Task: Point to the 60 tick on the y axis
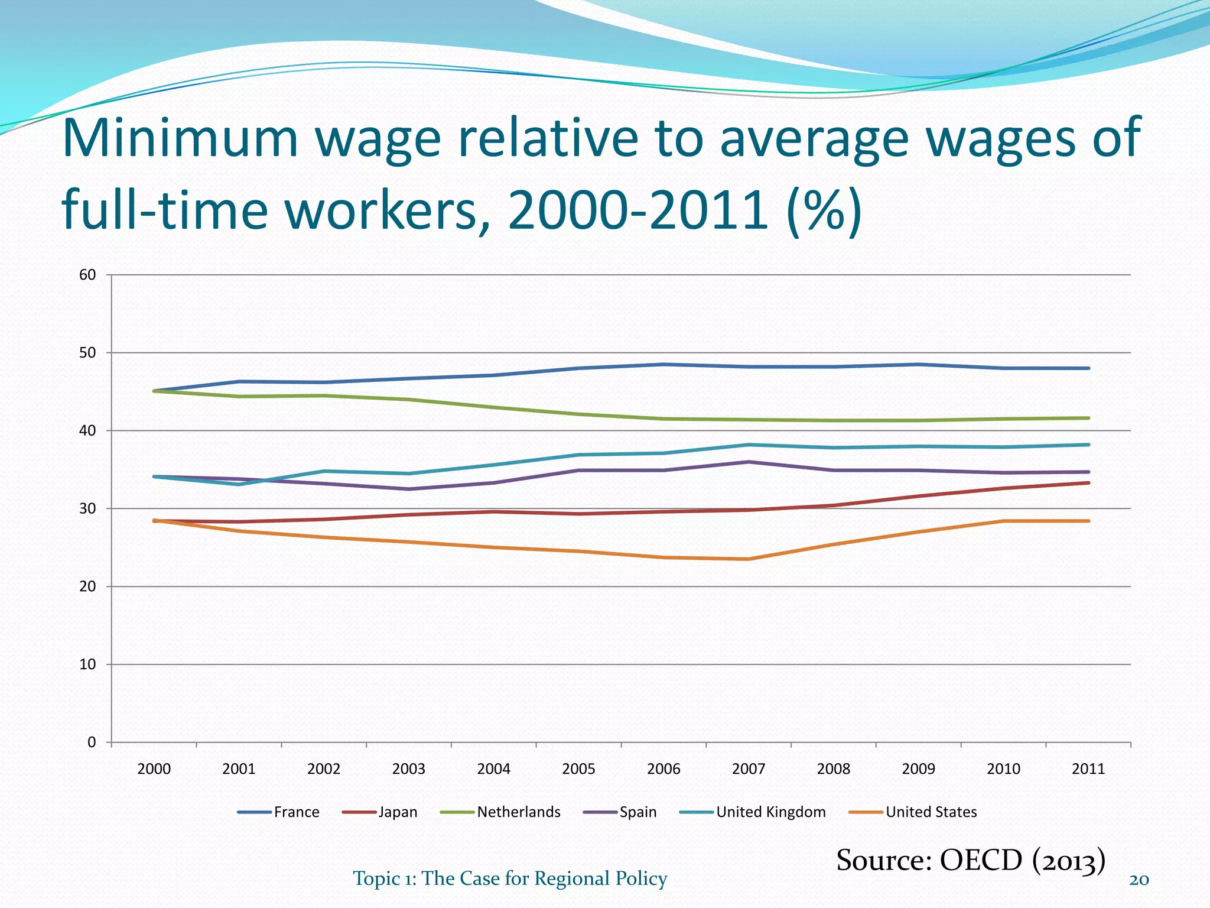click(87, 275)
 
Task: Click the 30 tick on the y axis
click(87, 508)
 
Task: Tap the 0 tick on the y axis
click(92, 742)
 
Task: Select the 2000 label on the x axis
click(154, 769)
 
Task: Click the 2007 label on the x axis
click(749, 769)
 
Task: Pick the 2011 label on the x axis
click(1088, 769)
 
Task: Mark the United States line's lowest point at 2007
click(749, 559)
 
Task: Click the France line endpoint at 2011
click(1088, 368)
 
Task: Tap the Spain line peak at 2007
click(749, 462)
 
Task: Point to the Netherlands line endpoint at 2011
click(1088, 418)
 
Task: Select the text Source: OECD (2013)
click(970, 860)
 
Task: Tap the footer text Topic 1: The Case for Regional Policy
click(510, 878)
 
